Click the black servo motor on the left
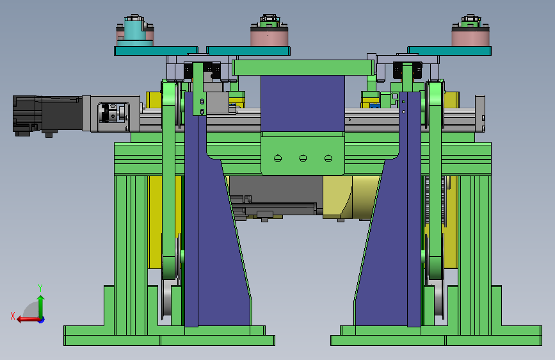(48, 115)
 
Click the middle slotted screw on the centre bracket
(303, 158)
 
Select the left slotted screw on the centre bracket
(278, 158)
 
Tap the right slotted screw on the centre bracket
(328, 158)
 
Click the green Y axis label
(40, 288)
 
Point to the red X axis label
(13, 316)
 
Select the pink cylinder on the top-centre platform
(269, 35)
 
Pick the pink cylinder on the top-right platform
(471, 35)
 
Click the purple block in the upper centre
(303, 103)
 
